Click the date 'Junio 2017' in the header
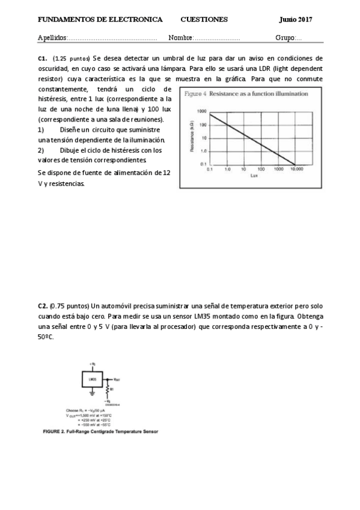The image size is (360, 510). (296, 19)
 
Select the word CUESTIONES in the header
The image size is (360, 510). (204, 19)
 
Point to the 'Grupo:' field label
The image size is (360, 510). (285, 38)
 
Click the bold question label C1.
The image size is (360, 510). (42, 58)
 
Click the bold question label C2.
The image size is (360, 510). (42, 306)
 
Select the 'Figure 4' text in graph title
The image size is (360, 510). (195, 94)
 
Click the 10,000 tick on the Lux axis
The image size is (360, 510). (297, 170)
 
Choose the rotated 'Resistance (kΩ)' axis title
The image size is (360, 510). (192, 138)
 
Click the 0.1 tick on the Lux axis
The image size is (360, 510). (210, 170)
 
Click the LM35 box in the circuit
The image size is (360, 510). (93, 379)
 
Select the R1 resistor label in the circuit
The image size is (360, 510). (112, 389)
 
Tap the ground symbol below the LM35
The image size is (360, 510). (92, 393)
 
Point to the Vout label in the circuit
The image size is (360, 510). (116, 379)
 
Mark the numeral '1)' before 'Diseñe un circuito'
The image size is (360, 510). (41, 129)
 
